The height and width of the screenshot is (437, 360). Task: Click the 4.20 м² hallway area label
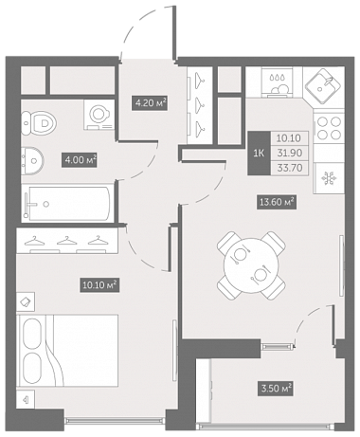[150, 103]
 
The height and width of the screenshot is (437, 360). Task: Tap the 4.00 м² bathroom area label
[79, 160]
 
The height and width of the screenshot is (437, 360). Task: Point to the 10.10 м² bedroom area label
[99, 285]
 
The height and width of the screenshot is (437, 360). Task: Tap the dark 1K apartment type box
[259, 154]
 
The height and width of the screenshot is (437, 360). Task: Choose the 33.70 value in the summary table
[289, 168]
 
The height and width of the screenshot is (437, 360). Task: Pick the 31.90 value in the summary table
[289, 153]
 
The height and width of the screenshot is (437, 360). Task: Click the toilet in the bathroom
[39, 122]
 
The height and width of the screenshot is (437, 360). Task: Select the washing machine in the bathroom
[99, 115]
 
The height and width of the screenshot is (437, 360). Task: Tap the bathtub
[68, 203]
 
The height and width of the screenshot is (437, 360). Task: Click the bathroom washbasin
[32, 160]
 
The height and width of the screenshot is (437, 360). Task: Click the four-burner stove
[329, 128]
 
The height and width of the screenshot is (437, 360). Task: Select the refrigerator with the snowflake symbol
[329, 178]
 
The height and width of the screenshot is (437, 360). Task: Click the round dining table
[251, 265]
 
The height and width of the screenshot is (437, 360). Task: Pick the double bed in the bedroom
[68, 351]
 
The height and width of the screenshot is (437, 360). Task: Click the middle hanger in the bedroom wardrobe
[66, 241]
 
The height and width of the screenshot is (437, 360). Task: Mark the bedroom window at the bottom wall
[115, 421]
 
